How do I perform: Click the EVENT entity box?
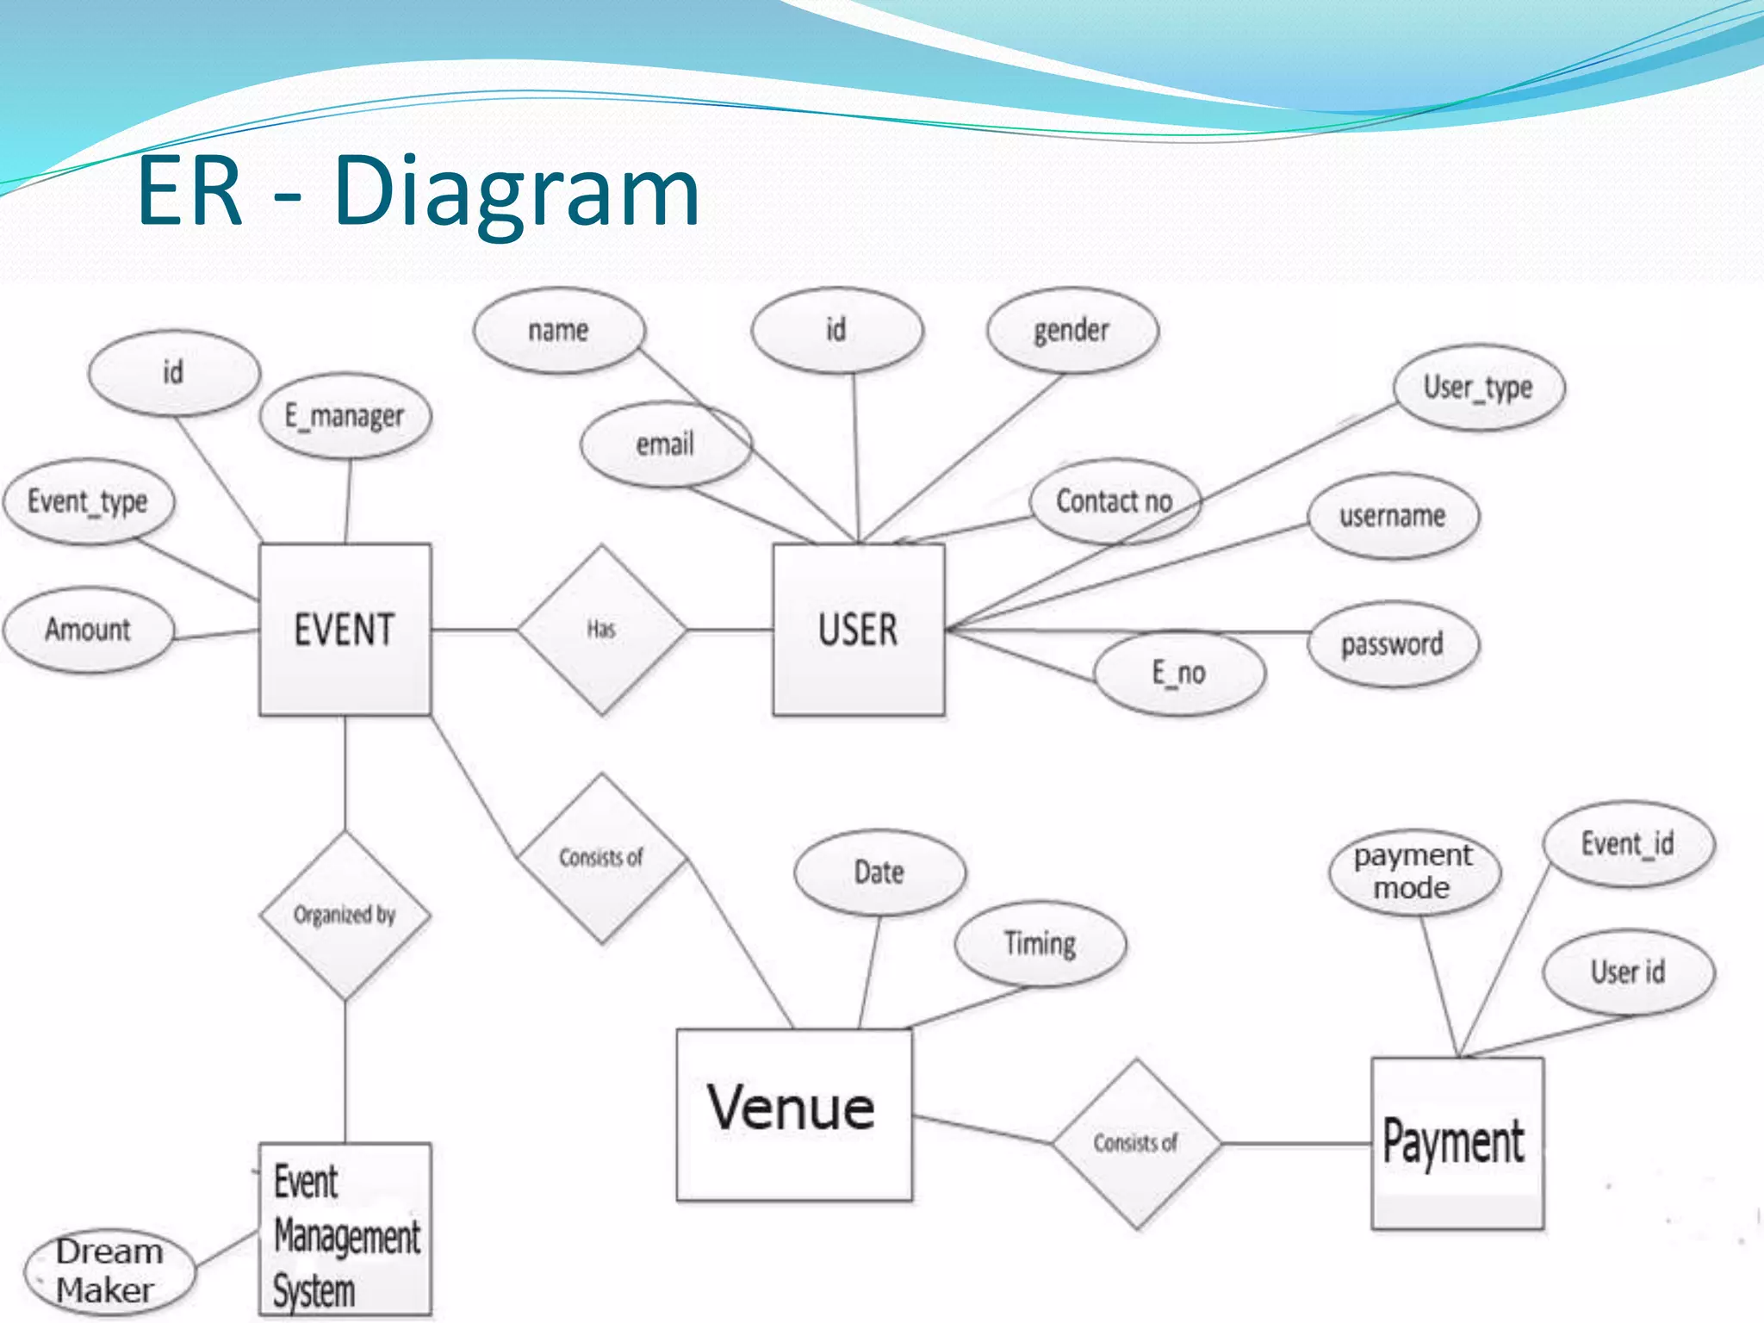[345, 629]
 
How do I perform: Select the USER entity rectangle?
[858, 629]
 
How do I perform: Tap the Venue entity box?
[793, 1114]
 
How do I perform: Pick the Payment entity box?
[1457, 1142]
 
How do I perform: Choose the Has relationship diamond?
[601, 630]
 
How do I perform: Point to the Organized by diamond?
[345, 915]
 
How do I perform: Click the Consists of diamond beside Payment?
[1135, 1143]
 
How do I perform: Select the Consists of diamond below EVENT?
[601, 858]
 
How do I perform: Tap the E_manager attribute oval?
[345, 416]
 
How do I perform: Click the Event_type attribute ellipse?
[88, 501]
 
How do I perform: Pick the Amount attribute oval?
[88, 630]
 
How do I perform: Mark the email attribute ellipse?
[665, 444]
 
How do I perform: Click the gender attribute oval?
[1071, 330]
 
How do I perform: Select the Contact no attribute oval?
[1115, 501]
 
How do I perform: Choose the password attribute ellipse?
[1393, 644]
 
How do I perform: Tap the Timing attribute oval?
[1040, 943]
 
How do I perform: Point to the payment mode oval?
[1413, 872]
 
